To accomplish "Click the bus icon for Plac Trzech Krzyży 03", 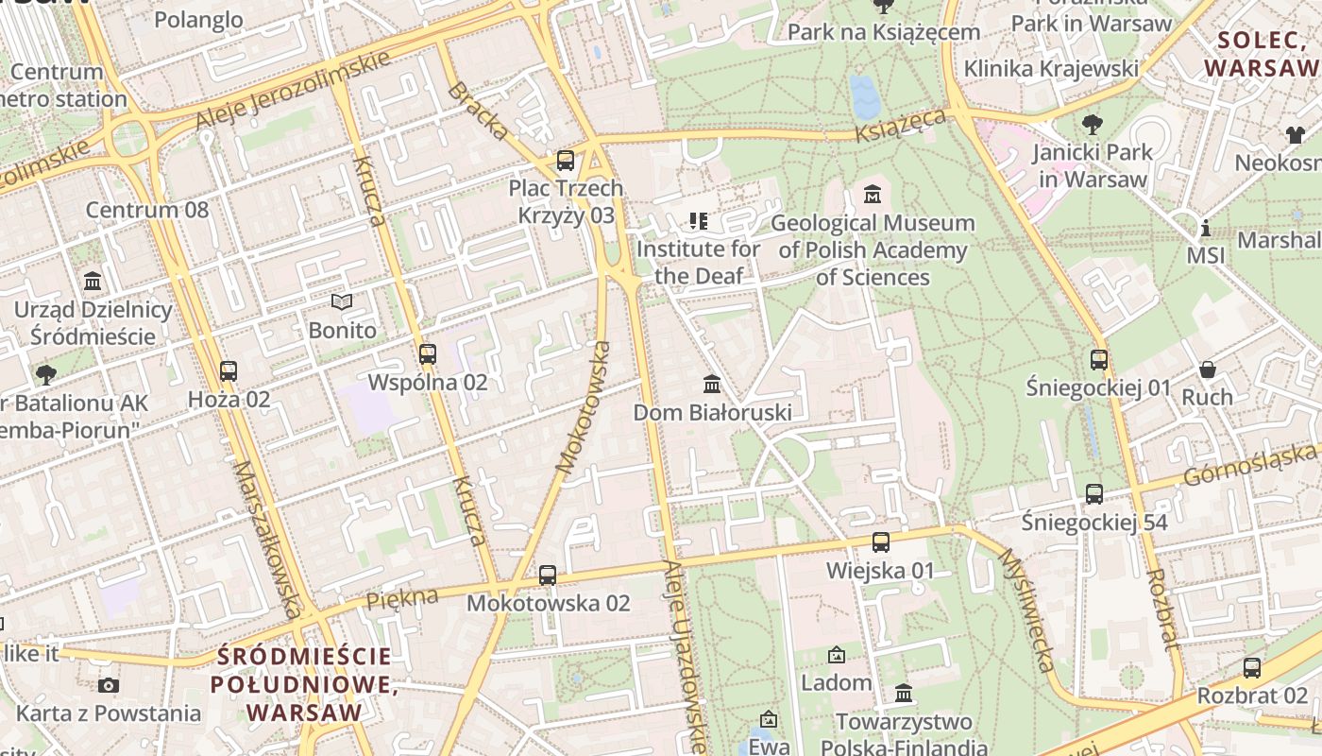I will [566, 161].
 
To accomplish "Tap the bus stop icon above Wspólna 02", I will [428, 354].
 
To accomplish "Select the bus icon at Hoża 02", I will [228, 371].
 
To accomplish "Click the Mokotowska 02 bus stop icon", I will [548, 575].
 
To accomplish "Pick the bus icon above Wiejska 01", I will [880, 542].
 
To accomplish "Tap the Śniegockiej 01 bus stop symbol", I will [1098, 359].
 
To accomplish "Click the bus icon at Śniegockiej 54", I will [1093, 493].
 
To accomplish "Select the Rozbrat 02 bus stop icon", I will [1252, 667].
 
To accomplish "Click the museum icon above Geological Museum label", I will [873, 195].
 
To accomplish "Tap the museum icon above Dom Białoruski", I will [712, 385].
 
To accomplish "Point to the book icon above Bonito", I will [342, 302].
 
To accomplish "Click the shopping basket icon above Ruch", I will [1207, 369].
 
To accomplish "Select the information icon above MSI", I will [1205, 228].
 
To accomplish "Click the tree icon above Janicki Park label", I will [1093, 124].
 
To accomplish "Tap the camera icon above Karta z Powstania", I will [109, 685].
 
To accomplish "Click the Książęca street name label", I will [901, 125].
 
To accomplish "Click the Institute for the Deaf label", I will [698, 262].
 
